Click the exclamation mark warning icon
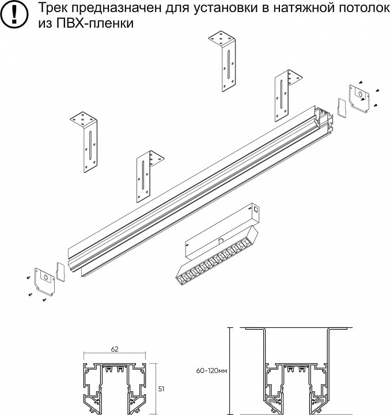point(14,14)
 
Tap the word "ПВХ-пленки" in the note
point(94,23)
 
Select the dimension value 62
point(115,349)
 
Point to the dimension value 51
point(161,389)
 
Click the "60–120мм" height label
point(211,371)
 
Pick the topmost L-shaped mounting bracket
point(223,61)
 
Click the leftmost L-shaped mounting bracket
point(85,142)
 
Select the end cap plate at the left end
point(44,281)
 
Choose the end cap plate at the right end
point(359,98)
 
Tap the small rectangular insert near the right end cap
point(342,107)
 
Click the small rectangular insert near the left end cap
point(60,271)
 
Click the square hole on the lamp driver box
point(256,209)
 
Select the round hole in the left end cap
point(45,278)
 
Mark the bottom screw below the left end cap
point(44,300)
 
